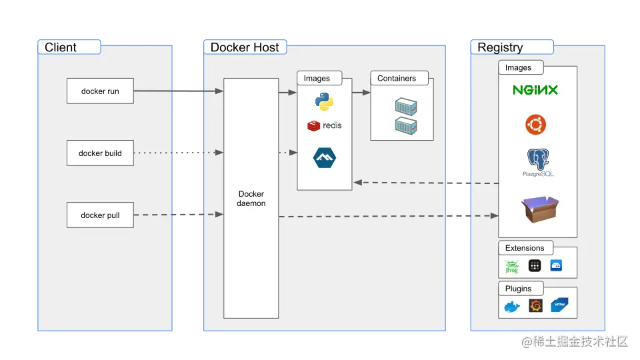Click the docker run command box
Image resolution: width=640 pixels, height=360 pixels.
[x=100, y=91]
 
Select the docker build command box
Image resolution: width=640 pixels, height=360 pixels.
[x=100, y=153]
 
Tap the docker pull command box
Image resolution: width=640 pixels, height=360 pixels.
[x=100, y=215]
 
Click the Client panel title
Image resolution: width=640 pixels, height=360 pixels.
[x=61, y=47]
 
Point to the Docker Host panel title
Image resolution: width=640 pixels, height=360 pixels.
[x=245, y=47]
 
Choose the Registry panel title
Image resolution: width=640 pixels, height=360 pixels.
[x=500, y=47]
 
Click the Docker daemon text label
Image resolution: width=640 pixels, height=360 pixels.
[x=251, y=199]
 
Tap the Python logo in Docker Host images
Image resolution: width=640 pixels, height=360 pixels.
[x=324, y=102]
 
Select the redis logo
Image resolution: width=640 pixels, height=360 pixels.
[x=324, y=125]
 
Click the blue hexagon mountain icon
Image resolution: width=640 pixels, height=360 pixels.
[x=325, y=158]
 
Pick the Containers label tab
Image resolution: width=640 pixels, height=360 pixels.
[x=397, y=79]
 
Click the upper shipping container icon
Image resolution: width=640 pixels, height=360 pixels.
[x=405, y=106]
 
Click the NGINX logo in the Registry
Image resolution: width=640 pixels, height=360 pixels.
[x=535, y=90]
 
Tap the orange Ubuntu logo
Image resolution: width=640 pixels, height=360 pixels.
[x=535, y=124]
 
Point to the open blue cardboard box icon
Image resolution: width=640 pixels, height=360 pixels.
[x=539, y=209]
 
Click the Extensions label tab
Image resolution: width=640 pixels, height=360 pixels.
[x=525, y=248]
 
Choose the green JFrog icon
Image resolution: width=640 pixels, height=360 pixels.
[x=512, y=267]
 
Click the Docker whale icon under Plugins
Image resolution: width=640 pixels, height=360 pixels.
[x=512, y=307]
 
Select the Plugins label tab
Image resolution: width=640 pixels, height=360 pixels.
[x=519, y=289]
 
